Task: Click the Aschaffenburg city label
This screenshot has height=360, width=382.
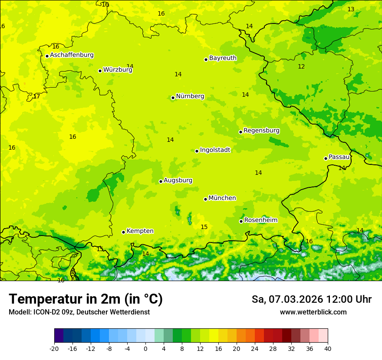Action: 72,55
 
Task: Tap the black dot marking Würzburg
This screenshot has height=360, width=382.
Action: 100,71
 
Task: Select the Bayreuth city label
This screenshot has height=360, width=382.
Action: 223,58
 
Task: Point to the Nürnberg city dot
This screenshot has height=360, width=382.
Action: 173,98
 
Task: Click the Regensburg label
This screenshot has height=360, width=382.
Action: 261,131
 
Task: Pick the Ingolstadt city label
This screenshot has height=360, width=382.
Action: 215,150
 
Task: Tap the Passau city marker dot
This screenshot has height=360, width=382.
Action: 326,158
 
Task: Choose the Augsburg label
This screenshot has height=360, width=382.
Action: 178,180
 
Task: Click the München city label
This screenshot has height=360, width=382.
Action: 222,198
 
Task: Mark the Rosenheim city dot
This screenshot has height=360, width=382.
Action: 241,221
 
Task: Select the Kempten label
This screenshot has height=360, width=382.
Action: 140,231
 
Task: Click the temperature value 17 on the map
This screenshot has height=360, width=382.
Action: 36,96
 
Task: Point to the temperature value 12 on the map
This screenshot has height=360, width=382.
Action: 301,66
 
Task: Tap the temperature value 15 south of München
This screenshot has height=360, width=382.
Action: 204,227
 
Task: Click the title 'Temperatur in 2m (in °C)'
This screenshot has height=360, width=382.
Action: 86,299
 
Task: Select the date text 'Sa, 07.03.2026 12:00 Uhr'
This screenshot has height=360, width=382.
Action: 311,299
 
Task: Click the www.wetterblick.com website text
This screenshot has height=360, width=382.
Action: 313,312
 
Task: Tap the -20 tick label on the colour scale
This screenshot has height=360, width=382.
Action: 54,348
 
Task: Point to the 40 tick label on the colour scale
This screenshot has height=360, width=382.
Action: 328,348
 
